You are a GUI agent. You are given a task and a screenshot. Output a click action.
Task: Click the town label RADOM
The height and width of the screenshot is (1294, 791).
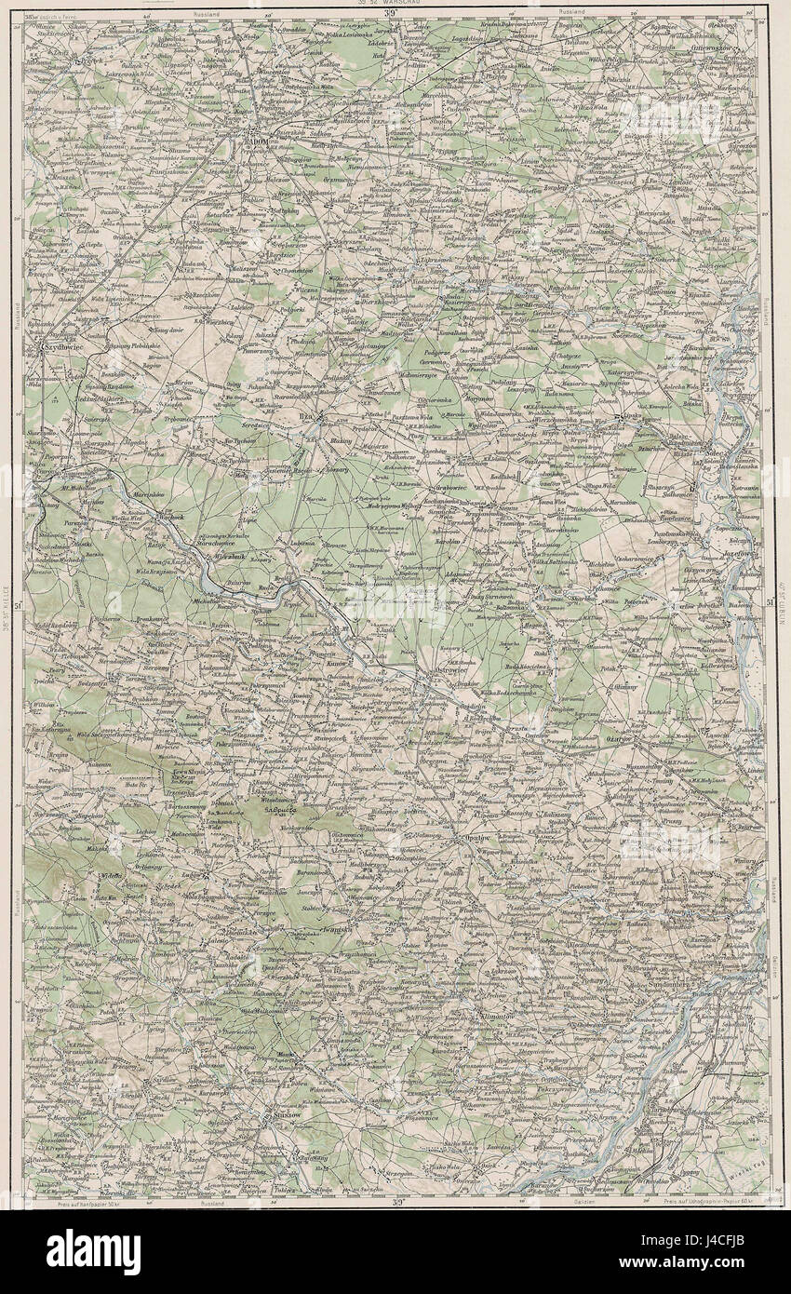256,142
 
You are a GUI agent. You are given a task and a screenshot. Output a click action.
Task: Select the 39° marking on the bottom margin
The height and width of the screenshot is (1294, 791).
393,1203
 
